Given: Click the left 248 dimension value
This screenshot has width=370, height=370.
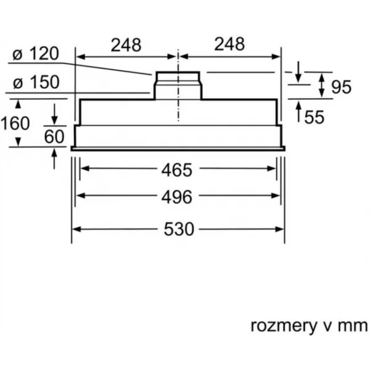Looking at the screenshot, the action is click(x=126, y=44).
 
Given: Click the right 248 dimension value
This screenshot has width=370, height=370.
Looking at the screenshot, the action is click(x=229, y=44).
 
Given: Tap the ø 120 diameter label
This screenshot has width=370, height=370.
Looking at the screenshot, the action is click(x=35, y=54).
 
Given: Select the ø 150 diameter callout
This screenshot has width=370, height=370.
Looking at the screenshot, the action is click(x=36, y=82).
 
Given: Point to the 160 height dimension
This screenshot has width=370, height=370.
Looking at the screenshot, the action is click(x=15, y=123).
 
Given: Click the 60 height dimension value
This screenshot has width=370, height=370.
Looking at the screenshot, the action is click(x=54, y=136).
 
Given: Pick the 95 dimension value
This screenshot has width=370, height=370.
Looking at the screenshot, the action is click(x=341, y=87).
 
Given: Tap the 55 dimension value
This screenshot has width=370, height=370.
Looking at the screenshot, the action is click(x=314, y=117).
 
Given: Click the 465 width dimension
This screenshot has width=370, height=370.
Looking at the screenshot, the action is click(x=177, y=170).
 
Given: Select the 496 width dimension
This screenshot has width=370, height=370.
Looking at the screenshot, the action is click(x=177, y=197).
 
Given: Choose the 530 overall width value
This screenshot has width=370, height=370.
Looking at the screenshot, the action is click(x=179, y=229).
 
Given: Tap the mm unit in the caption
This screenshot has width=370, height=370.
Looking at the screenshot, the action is click(x=353, y=327).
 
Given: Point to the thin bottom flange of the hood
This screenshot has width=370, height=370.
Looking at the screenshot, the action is click(x=178, y=149).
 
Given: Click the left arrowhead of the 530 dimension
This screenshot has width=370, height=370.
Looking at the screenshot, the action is click(x=76, y=229).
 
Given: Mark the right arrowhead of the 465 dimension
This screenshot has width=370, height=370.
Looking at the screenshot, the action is click(x=271, y=168).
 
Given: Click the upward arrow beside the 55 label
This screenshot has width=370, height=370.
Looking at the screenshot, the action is click(x=298, y=112).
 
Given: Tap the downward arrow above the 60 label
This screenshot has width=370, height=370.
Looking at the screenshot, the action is click(x=54, y=114).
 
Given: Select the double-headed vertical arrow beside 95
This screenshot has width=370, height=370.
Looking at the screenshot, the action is click(x=322, y=85).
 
